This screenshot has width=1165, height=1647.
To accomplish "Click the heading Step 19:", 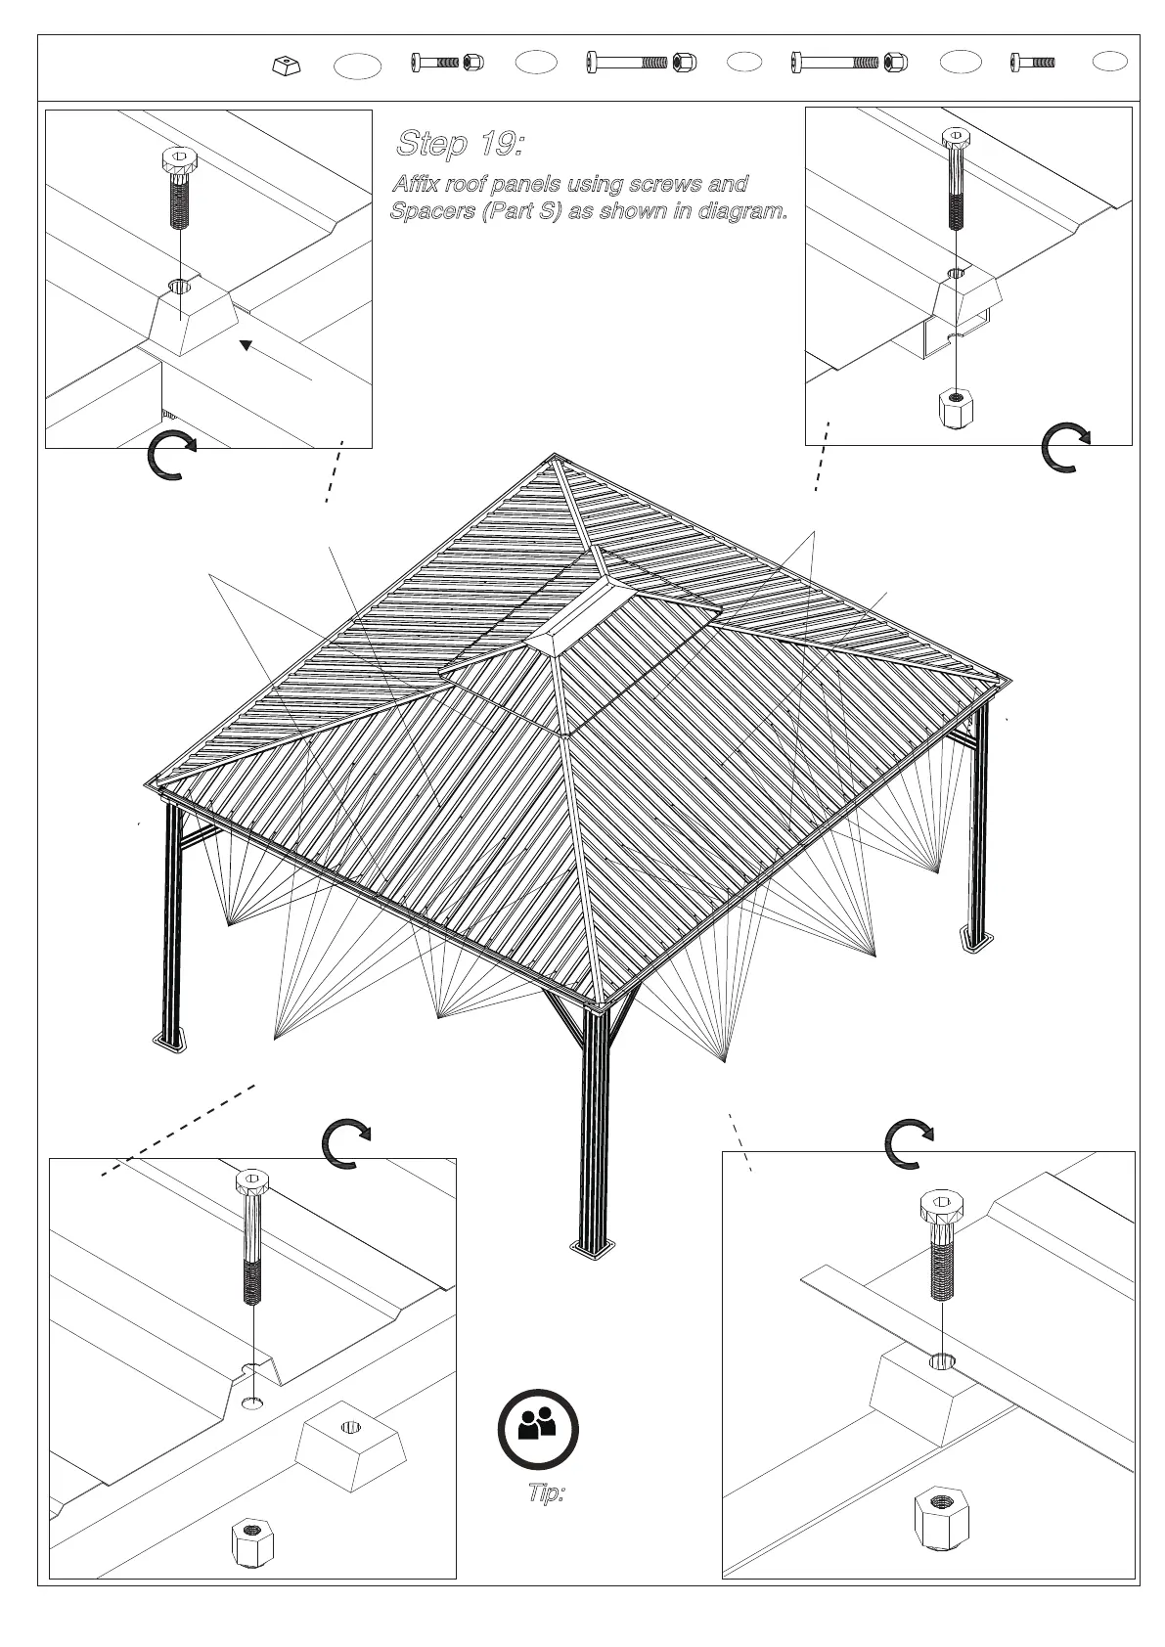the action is [460, 145].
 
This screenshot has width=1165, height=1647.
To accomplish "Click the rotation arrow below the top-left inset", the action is [171, 455].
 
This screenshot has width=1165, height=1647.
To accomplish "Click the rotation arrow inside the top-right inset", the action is [1065, 448].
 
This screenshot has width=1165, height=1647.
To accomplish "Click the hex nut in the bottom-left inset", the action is [252, 1543].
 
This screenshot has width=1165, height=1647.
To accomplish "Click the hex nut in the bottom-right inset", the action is [942, 1517].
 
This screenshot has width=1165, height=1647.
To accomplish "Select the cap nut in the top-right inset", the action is [957, 409].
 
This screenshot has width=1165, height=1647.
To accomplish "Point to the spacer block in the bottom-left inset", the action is [350, 1445].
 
